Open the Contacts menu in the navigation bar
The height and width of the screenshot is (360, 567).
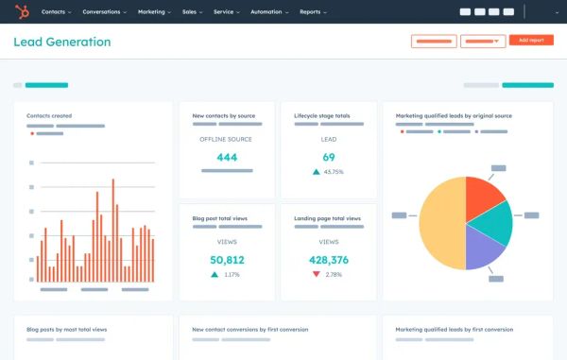(56, 12)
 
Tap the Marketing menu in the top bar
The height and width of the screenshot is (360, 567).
(153, 12)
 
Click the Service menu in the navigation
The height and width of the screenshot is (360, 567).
(226, 12)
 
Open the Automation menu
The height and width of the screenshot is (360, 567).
(266, 12)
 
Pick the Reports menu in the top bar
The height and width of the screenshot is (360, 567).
(312, 12)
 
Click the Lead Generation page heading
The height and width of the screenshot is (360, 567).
(61, 43)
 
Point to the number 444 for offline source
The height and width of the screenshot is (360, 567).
(227, 157)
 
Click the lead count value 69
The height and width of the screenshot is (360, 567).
(329, 157)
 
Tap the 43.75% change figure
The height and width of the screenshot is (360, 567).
(333, 172)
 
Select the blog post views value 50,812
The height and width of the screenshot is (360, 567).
(227, 260)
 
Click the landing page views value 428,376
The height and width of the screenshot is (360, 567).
(329, 260)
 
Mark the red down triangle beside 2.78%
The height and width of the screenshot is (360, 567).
(316, 274)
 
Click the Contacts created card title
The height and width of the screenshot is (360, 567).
(49, 116)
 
